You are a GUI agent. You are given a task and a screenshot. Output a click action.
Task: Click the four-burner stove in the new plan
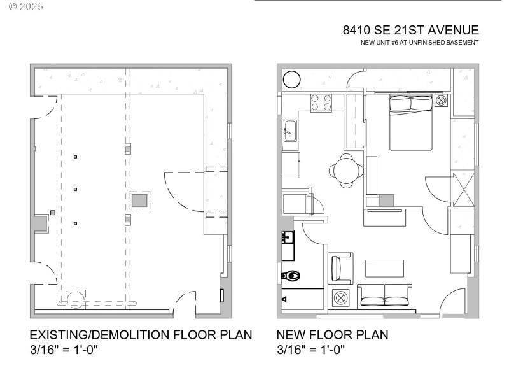tap(321, 103)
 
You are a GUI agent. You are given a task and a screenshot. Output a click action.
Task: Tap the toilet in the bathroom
tap(291, 276)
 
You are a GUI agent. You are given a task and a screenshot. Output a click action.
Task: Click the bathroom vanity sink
tap(288, 238)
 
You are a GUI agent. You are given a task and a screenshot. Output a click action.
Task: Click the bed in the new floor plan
tap(410, 121)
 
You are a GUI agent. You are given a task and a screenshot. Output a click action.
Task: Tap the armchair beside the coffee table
tap(340, 267)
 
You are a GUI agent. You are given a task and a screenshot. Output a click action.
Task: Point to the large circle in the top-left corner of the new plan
tap(292, 80)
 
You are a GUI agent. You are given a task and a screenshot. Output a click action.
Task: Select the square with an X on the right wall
tap(462, 188)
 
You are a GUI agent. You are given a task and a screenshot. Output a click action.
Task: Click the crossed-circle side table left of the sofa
tap(341, 297)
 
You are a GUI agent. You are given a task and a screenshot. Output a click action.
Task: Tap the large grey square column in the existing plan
tap(139, 201)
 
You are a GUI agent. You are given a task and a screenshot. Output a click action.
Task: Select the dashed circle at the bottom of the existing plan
tap(76, 297)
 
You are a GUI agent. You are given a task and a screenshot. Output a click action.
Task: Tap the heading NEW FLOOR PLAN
tap(332, 335)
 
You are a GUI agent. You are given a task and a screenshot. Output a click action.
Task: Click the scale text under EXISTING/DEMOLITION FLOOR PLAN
tap(64, 350)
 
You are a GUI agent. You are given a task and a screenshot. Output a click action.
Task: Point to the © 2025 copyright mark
tap(27, 6)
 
